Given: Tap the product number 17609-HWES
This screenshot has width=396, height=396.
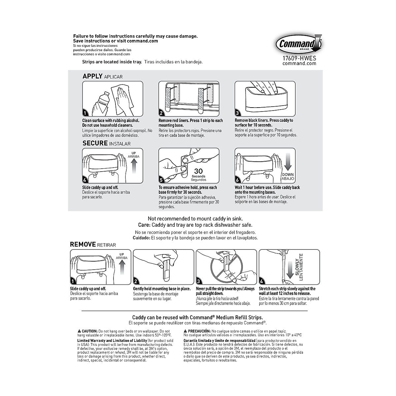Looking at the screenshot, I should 299,58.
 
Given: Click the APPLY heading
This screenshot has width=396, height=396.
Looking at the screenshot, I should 92,76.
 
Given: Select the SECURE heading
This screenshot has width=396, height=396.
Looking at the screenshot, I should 95,143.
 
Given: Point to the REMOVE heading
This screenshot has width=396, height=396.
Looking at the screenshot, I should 82,245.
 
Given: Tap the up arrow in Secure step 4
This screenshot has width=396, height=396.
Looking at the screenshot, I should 134,165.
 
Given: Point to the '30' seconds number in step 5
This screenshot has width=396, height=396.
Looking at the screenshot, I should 198,171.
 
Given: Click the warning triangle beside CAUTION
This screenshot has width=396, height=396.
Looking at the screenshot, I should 79,331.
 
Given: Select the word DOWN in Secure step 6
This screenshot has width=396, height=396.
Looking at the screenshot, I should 287,175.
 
